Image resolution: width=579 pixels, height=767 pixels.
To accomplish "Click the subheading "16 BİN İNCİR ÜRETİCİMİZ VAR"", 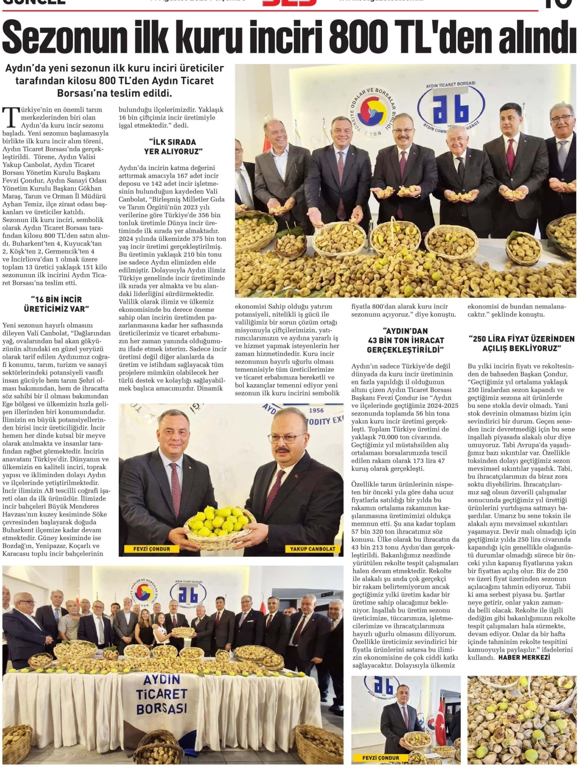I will (x=56, y=304).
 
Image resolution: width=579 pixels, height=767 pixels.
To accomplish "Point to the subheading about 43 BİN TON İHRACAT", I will (x=405, y=340).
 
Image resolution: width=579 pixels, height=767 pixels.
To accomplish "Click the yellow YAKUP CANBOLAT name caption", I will (x=312, y=549).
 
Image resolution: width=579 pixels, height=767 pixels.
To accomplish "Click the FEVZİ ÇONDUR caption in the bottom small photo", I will (x=381, y=757).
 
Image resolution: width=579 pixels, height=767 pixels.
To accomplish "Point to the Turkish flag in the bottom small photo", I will (x=441, y=715).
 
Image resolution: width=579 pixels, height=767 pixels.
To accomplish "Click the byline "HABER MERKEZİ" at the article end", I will (x=524, y=657).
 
